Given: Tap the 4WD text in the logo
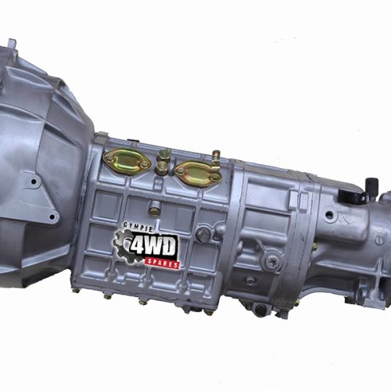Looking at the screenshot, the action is pyautogui.click(x=152, y=246).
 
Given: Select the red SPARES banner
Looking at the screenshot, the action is pyautogui.click(x=162, y=263).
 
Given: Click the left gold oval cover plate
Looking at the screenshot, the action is pyautogui.click(x=127, y=161).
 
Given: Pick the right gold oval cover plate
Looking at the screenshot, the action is pyautogui.click(x=198, y=174).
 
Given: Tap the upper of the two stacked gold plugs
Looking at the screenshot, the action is pyautogui.click(x=163, y=155).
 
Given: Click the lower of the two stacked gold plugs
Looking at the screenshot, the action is pyautogui.click(x=162, y=168).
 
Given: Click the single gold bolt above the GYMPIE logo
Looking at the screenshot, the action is pyautogui.click(x=155, y=210).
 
